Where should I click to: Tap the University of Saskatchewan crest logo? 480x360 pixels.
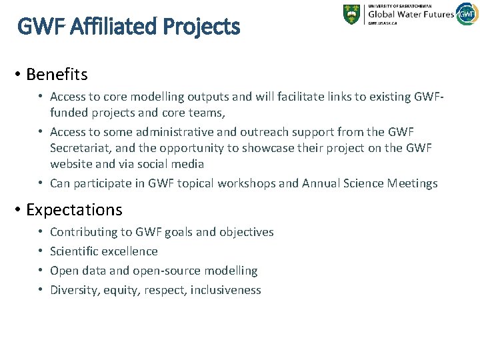point(352,15)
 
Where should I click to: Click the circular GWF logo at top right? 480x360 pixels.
point(467,13)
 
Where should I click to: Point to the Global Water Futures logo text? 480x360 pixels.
point(410,13)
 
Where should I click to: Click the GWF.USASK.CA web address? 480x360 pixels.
point(383,23)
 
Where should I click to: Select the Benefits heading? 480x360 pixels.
point(57,73)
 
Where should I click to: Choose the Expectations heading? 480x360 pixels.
point(74,210)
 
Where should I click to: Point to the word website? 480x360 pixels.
point(72,164)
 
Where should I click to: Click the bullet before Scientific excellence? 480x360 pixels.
point(41,251)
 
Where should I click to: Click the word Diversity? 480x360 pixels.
point(73,290)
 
